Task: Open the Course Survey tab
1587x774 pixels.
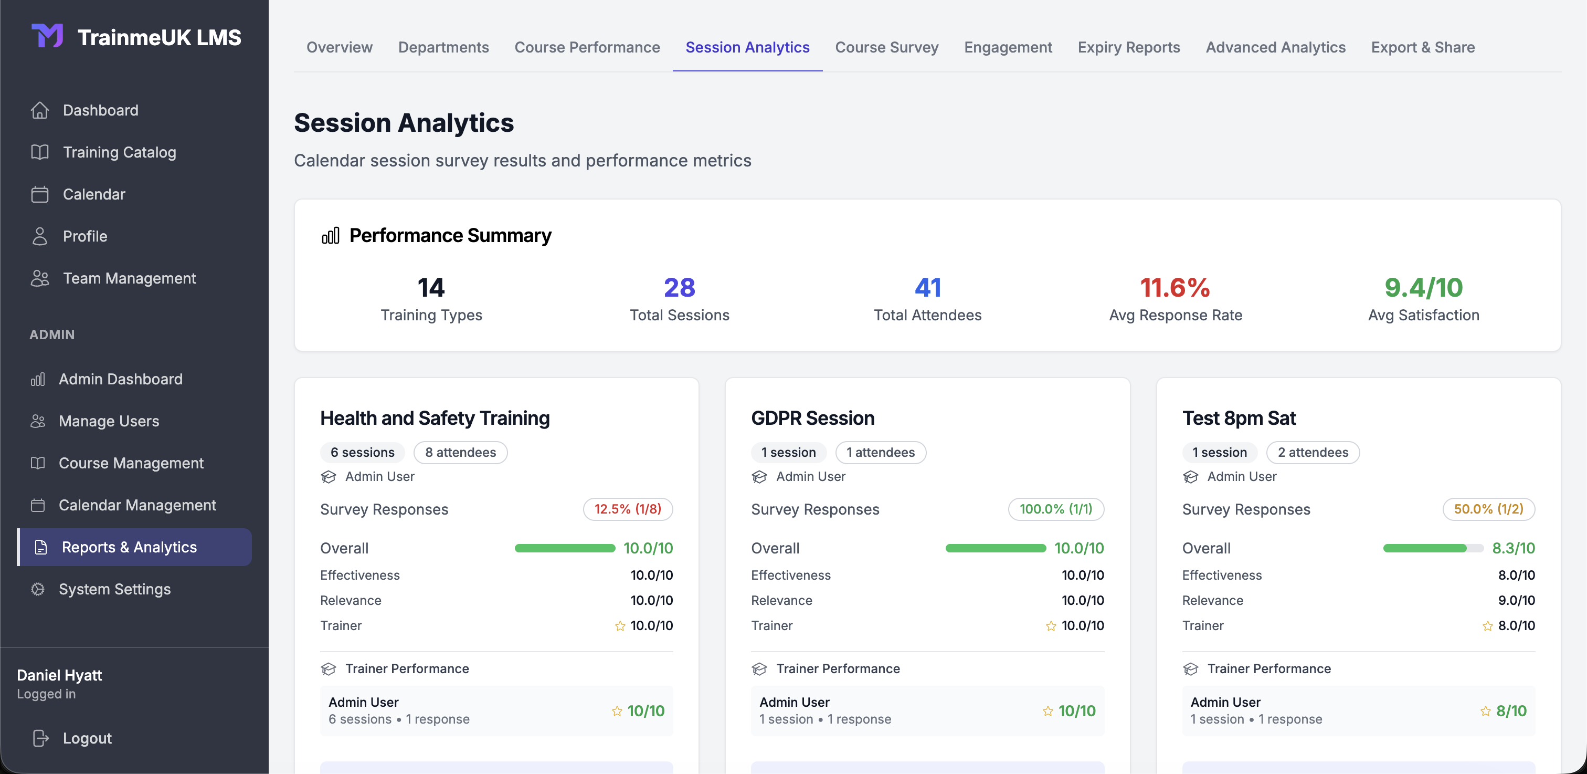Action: (x=886, y=47)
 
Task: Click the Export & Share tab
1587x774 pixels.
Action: (x=1423, y=47)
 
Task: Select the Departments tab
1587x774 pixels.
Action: (x=443, y=47)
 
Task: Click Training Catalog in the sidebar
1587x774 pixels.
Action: (x=119, y=152)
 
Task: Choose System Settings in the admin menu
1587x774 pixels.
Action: (x=114, y=589)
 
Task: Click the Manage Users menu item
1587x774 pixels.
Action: (x=109, y=421)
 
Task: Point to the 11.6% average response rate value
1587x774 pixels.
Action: (x=1175, y=287)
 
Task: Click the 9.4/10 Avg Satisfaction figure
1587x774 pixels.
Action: (x=1423, y=287)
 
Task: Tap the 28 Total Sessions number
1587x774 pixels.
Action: (x=679, y=287)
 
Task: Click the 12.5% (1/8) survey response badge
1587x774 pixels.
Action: (x=627, y=509)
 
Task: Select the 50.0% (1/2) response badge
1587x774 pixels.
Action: (x=1488, y=509)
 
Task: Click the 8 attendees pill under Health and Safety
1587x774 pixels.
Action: (x=460, y=452)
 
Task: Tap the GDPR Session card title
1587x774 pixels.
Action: (x=812, y=418)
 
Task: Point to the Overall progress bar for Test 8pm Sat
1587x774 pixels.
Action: (x=1432, y=548)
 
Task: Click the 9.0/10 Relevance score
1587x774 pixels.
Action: (x=1516, y=600)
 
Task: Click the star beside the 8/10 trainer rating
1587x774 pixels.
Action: (x=1485, y=711)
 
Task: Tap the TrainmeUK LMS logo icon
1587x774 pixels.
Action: (x=47, y=36)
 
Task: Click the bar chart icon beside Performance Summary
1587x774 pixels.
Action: (x=330, y=235)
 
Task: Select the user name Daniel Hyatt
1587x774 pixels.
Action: (x=59, y=675)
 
